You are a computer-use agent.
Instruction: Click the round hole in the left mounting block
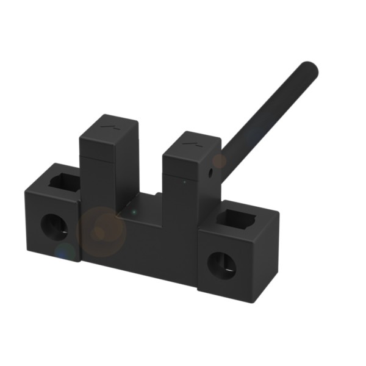point(54,226)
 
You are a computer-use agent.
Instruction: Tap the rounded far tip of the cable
point(310,69)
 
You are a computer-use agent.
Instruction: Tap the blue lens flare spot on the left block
point(65,251)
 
